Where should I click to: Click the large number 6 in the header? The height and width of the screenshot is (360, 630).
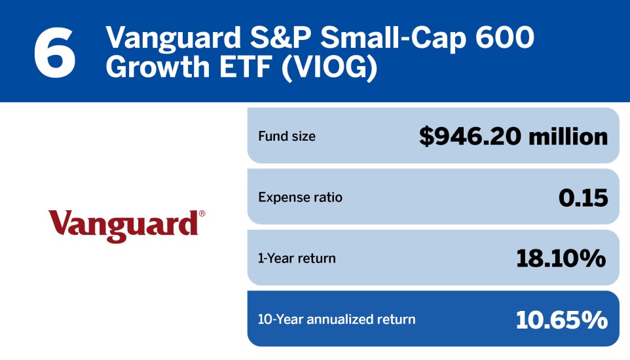click(55, 52)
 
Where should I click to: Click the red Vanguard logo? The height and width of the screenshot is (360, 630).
click(123, 225)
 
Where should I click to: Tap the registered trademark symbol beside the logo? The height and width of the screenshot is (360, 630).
click(202, 214)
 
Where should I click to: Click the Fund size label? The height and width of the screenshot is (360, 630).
click(287, 137)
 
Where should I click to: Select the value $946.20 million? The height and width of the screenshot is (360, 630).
click(513, 136)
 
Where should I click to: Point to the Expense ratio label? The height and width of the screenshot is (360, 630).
click(300, 197)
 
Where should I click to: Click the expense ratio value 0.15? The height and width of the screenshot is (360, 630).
click(583, 197)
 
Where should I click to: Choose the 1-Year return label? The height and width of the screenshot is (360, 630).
click(297, 258)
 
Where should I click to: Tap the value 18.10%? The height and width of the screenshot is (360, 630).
click(561, 258)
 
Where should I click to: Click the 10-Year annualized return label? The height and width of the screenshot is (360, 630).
click(337, 319)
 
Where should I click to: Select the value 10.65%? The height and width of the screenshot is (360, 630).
click(561, 319)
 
